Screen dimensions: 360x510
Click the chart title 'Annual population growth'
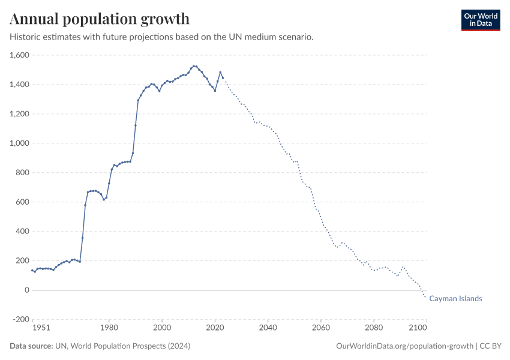tap(100, 19)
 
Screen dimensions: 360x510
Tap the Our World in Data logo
tap(480, 20)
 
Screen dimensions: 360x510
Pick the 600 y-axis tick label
tap(23, 202)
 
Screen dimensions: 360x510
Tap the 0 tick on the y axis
tap(26, 290)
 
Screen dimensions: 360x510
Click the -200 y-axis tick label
tap(21, 319)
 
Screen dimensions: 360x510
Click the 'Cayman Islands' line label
tap(455, 299)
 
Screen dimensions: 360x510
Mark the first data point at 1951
tap(32, 270)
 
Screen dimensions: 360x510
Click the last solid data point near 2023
tap(223, 78)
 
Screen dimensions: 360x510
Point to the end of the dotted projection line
tap(426, 298)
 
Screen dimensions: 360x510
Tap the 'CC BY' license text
tap(490, 346)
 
